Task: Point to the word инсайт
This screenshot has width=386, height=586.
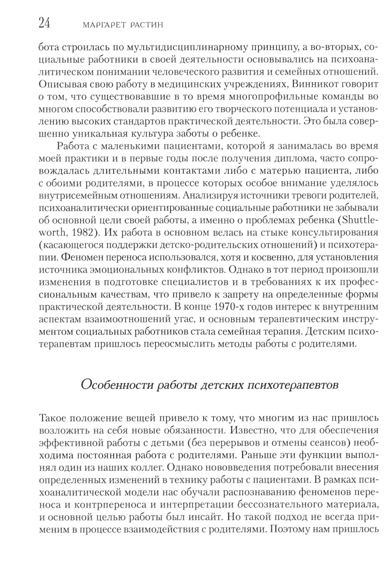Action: click(x=198, y=515)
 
